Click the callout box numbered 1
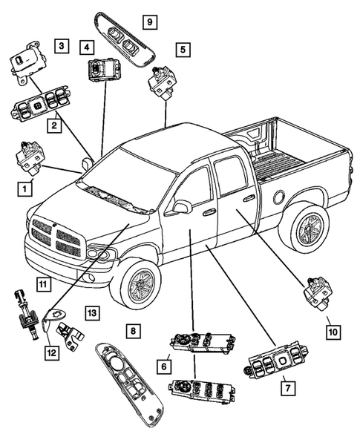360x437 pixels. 26,189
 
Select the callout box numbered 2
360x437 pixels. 55,127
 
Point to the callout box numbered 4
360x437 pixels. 88,47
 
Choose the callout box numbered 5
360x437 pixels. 181,50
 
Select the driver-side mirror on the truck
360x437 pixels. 178,208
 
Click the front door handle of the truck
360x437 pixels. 209,213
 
